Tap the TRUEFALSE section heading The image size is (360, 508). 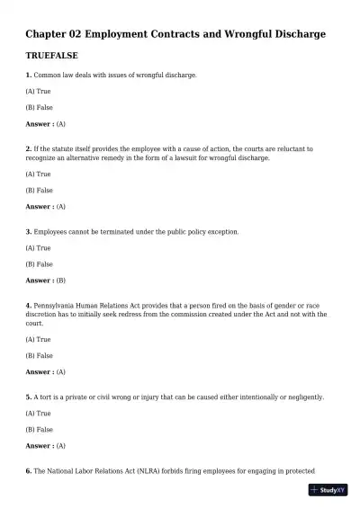coord(54,56)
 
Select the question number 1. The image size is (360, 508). coord(29,75)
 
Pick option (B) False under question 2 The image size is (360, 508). coord(40,191)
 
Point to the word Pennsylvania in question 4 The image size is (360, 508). coord(57,306)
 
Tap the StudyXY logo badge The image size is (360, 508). coord(327,490)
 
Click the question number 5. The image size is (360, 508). coord(29,397)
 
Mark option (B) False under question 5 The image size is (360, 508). coord(40,430)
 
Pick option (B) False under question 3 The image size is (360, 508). coord(40,264)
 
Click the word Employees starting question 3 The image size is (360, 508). coord(52,232)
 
